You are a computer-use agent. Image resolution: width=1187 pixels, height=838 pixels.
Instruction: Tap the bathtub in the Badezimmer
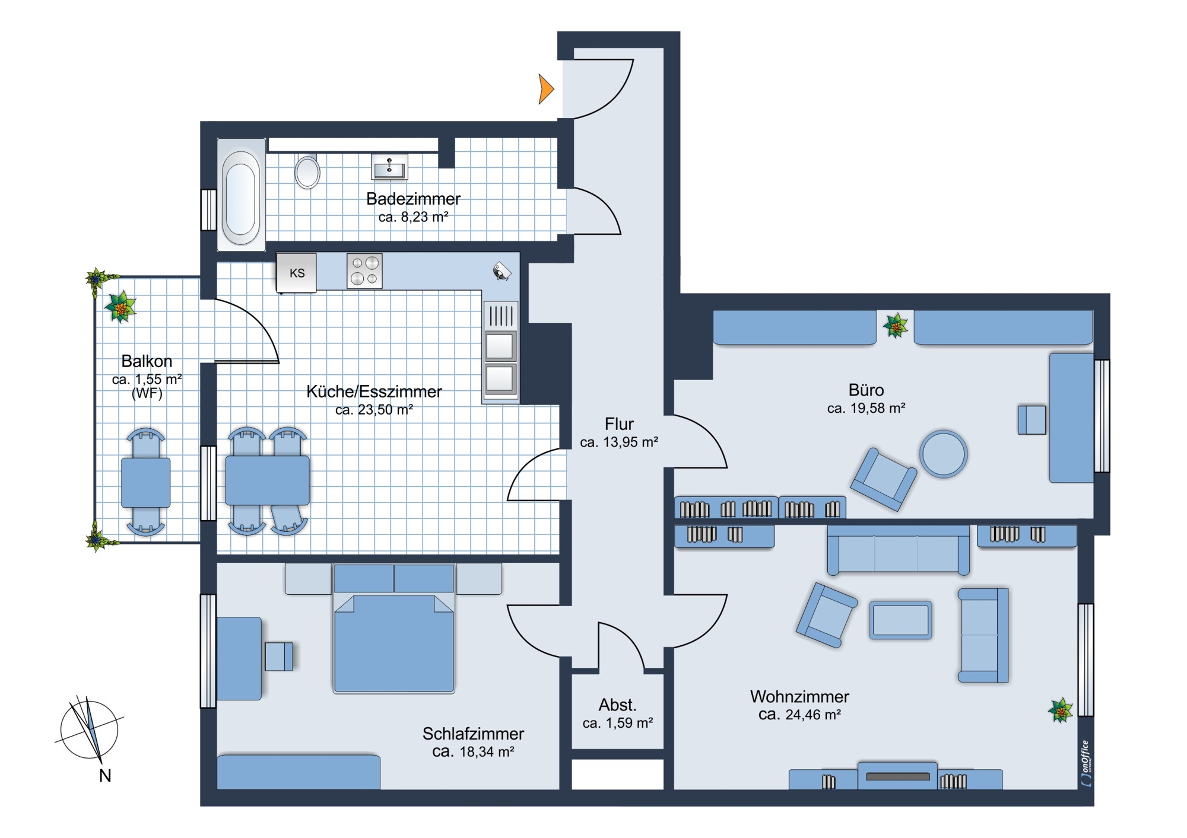coord(241,194)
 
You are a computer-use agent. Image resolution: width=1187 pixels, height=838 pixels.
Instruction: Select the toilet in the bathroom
coord(307,172)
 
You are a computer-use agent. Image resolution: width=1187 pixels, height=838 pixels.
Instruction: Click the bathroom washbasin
coord(389,167)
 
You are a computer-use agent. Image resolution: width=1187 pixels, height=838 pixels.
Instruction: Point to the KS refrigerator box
coord(297,273)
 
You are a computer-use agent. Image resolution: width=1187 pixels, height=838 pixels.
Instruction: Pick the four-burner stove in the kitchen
coord(364,271)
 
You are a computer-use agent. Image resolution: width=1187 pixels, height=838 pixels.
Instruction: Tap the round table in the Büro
coord(944,454)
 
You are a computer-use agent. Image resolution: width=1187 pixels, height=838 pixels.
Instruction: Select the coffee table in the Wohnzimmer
coord(900,620)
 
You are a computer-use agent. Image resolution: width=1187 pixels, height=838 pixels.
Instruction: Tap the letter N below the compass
coord(105,776)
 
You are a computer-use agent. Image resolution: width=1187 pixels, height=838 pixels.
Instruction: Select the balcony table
coord(146,482)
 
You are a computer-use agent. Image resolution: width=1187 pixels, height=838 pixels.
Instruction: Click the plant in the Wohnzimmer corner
coord(1061,710)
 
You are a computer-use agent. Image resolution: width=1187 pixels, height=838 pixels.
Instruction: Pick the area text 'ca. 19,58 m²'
coord(866,408)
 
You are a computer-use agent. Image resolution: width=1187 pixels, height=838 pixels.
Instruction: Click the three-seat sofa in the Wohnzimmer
coord(899,550)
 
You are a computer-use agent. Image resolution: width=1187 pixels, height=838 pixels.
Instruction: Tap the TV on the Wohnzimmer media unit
coord(897,776)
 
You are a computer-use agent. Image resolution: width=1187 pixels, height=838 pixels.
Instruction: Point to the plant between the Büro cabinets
coord(896,326)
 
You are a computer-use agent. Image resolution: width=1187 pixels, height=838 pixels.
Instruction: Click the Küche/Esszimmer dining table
coord(268,480)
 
